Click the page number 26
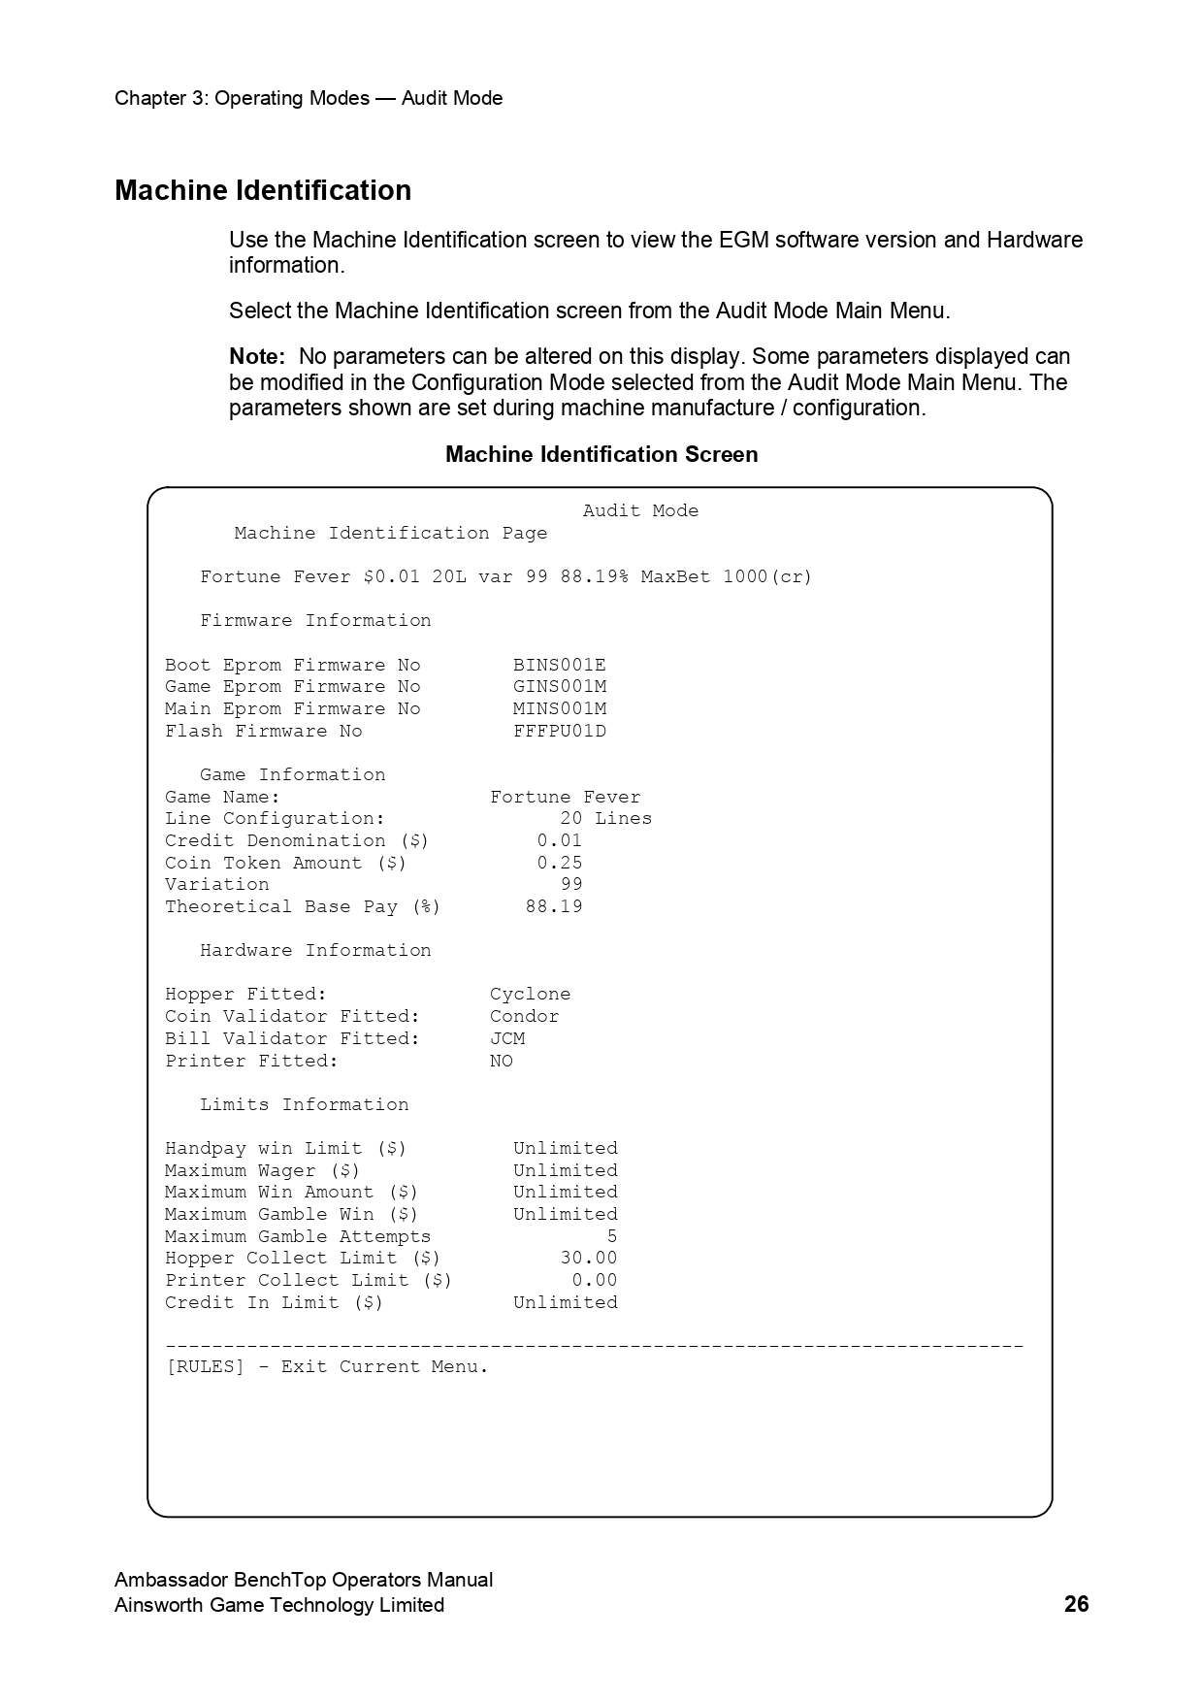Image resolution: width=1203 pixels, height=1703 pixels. pyautogui.click(x=1076, y=1604)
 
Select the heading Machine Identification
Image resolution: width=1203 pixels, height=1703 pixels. pyautogui.click(x=263, y=190)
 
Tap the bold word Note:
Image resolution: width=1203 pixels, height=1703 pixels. pyautogui.click(x=257, y=356)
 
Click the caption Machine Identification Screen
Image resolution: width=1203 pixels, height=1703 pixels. pyautogui.click(x=601, y=454)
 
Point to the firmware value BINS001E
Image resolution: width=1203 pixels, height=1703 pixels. pyautogui.click(x=560, y=665)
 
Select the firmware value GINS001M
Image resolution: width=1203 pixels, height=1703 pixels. pyautogui.click(x=560, y=687)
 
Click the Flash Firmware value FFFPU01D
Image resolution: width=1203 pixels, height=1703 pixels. pyautogui.click(x=560, y=731)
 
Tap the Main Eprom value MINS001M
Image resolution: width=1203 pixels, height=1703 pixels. pyautogui.click(x=560, y=708)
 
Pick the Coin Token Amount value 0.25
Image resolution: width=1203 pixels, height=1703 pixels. pyautogui.click(x=560, y=863)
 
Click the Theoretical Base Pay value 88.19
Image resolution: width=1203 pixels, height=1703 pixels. pyautogui.click(x=554, y=906)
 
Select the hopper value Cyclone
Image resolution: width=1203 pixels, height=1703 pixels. pyautogui.click(x=530, y=994)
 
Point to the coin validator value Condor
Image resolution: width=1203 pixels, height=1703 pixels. pyautogui.click(x=524, y=1016)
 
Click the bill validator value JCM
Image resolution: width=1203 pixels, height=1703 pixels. pyautogui.click(x=507, y=1038)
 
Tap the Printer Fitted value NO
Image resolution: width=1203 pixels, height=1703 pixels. pyautogui.click(x=502, y=1061)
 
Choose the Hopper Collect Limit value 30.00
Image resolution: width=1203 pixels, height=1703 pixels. pyautogui.click(x=589, y=1258)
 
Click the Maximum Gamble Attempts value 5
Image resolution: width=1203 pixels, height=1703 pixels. pyautogui.click(x=612, y=1236)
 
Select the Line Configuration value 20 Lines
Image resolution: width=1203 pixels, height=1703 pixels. pyautogui.click(x=606, y=818)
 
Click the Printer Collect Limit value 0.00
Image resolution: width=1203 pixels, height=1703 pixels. pyautogui.click(x=595, y=1280)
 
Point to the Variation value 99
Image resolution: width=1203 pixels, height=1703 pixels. pyautogui.click(x=571, y=884)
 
